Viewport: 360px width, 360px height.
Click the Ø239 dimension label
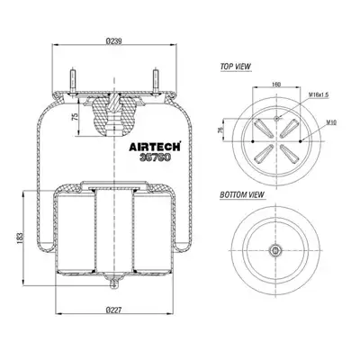(114, 41)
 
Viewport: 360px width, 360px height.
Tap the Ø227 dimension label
(114, 310)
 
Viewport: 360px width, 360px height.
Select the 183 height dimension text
(20, 238)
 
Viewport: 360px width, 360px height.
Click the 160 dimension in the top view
(276, 85)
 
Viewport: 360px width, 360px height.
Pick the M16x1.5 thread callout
(319, 94)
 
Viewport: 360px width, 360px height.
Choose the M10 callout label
(331, 122)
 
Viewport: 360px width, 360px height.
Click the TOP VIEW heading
(236, 67)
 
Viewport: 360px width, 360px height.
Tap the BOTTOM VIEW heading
(242, 194)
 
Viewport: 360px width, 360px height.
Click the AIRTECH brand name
(155, 147)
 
